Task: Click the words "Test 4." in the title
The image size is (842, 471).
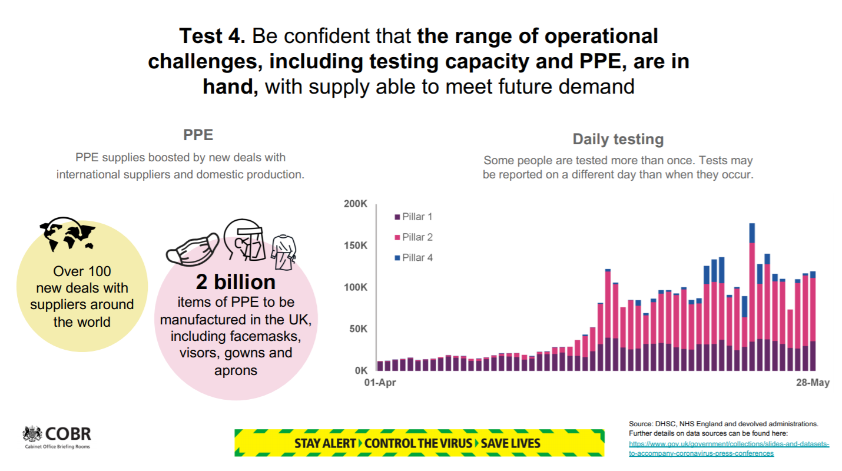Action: [213, 37]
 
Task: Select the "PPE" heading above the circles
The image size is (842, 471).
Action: [198, 135]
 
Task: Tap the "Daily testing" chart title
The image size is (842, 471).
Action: [618, 140]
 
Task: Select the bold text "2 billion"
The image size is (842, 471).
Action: [236, 282]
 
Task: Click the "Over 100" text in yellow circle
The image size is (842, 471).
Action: [82, 271]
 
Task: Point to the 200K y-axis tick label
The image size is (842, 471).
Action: [355, 204]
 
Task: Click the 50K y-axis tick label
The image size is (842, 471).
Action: [357, 329]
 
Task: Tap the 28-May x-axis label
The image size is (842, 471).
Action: [813, 383]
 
